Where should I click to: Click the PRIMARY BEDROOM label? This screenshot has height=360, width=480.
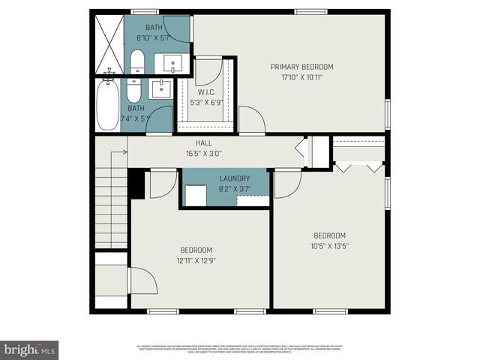click(x=301, y=67)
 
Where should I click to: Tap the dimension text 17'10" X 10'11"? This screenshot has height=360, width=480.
click(x=301, y=76)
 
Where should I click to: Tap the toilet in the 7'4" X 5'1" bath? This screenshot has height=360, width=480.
click(x=133, y=91)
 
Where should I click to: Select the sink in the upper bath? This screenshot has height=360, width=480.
click(x=176, y=62)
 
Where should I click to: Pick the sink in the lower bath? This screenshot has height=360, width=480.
click(x=160, y=90)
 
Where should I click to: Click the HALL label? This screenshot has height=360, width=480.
click(x=203, y=143)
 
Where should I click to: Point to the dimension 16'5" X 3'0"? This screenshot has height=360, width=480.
click(x=203, y=154)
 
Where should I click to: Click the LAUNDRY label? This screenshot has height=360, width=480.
click(x=234, y=178)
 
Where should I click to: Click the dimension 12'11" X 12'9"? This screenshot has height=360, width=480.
click(x=196, y=260)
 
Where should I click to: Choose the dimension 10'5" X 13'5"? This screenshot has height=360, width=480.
click(x=329, y=245)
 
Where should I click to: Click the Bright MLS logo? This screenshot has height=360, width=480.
click(x=30, y=349)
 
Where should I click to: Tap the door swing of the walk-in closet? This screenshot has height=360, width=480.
click(x=211, y=72)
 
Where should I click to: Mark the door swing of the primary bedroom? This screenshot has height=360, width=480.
click(x=251, y=120)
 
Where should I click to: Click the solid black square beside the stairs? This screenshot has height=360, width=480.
click(x=136, y=184)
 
